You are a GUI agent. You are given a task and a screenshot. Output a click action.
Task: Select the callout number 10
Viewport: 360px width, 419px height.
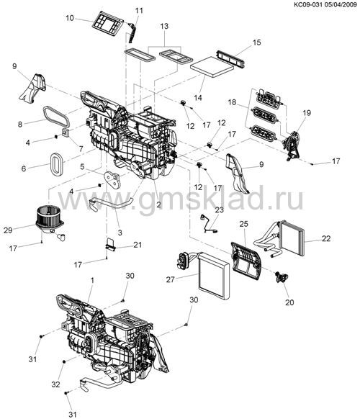tap(70, 18)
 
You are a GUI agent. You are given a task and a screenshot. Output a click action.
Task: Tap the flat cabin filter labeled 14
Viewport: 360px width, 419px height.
tap(212, 66)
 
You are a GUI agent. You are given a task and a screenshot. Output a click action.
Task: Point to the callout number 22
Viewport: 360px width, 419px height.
tap(326, 238)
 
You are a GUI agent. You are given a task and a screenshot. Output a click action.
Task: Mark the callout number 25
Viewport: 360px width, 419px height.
tap(244, 224)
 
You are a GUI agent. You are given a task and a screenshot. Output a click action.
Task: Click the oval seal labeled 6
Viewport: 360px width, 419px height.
tap(56, 164)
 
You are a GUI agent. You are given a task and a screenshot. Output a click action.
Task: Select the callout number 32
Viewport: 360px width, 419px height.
tap(55, 384)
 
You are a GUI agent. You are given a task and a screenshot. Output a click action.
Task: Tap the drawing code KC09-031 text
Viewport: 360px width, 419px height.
tap(310, 4)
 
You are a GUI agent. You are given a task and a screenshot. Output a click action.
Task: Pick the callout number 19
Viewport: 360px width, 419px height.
tap(307, 113)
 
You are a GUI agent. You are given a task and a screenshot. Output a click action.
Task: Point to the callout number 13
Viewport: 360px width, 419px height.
tap(164, 26)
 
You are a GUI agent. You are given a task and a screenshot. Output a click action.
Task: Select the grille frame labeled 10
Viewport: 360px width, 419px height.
tap(107, 23)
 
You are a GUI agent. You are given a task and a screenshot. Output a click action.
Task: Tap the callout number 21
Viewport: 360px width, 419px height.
tap(138, 245)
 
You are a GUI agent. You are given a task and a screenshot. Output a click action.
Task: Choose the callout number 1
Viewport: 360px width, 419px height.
tap(92, 281)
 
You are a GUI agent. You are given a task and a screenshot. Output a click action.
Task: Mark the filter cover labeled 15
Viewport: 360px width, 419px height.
tap(231, 58)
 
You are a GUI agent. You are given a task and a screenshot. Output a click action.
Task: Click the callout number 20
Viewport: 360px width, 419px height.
tap(289, 302)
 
